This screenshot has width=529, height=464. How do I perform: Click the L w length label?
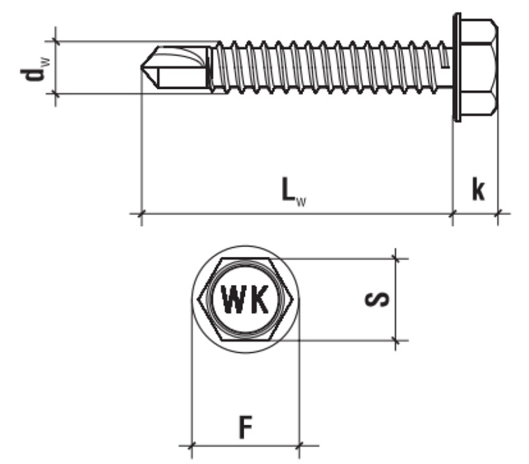(x=295, y=191)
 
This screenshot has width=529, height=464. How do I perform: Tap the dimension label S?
(x=379, y=300)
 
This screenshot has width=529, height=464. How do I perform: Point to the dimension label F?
(x=245, y=427)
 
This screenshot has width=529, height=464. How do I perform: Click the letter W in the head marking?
(x=232, y=300)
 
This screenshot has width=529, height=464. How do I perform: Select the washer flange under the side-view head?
(x=457, y=67)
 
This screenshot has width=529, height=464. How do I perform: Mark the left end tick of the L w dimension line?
(x=142, y=212)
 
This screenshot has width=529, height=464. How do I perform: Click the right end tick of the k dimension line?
(x=498, y=212)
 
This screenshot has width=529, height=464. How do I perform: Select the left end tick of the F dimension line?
(x=191, y=444)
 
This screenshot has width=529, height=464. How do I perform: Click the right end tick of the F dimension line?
(x=299, y=444)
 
